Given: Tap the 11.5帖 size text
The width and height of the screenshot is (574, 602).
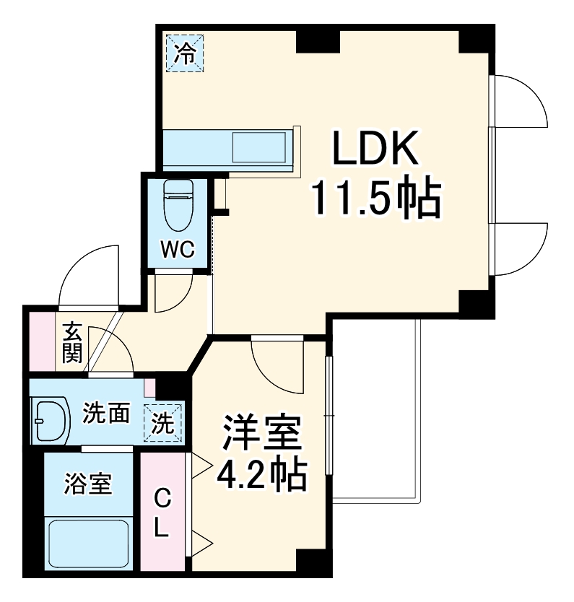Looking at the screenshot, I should [375, 199].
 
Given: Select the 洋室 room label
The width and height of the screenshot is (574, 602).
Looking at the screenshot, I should [261, 433].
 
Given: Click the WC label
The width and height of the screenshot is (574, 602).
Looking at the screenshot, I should [177, 249].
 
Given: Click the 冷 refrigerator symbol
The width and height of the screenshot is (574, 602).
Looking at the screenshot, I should [186, 53].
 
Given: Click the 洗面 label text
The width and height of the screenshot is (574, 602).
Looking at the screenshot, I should [105, 414].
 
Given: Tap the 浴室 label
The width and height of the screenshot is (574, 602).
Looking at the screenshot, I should [88, 483].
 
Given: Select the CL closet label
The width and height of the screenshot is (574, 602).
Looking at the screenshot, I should [163, 512].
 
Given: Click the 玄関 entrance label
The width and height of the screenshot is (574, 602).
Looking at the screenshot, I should [72, 343].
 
